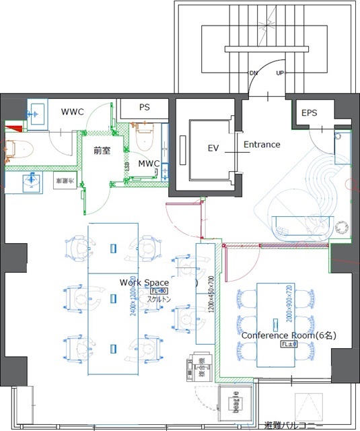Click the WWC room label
72,111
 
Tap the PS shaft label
144,107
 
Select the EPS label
309,112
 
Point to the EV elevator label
213,147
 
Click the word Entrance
261,144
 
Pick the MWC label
148,164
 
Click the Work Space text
139,281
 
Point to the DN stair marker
253,73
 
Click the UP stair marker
280,73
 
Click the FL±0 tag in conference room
289,344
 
